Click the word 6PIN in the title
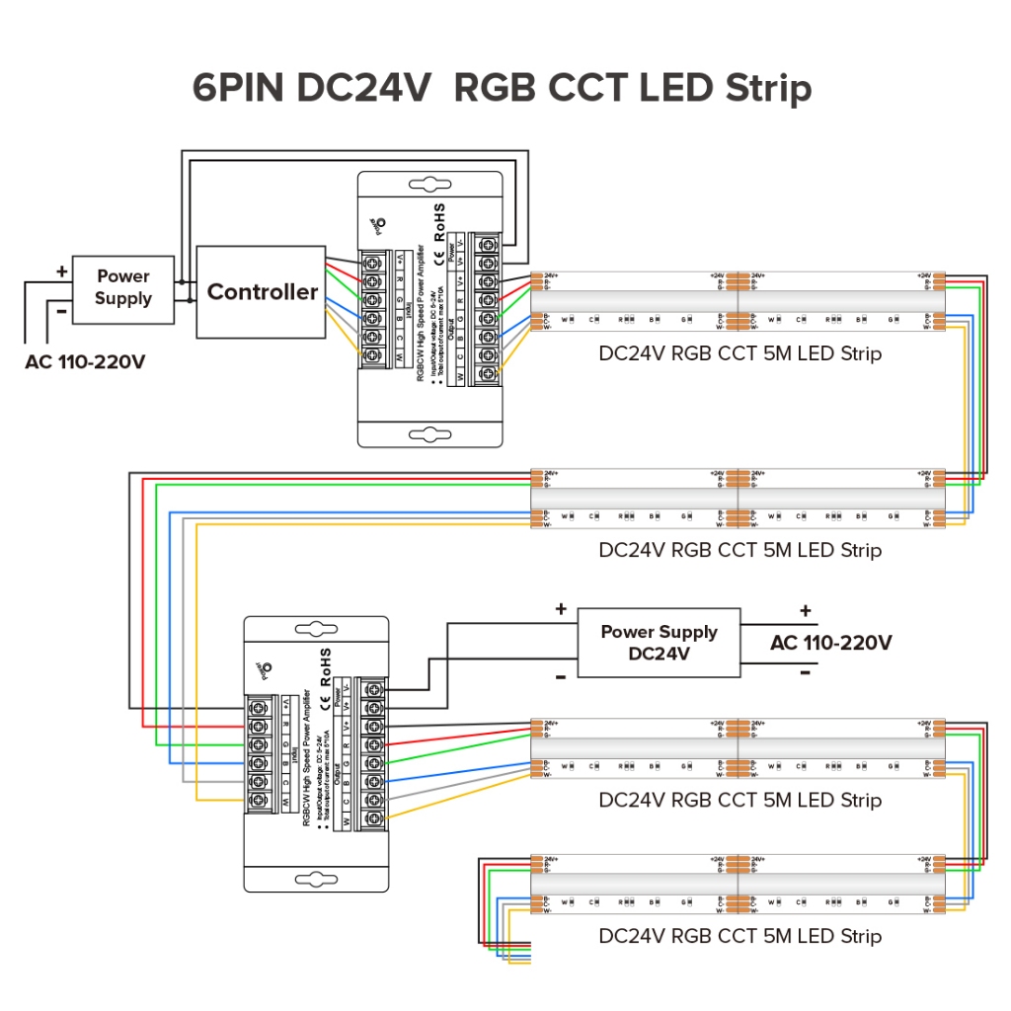pos(241,88)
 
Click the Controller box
pos(262,291)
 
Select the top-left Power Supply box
pos(123,287)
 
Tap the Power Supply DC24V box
pos(659,643)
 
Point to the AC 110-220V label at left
pos(86,361)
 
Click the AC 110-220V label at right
pos(830,643)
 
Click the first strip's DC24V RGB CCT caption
pos(739,353)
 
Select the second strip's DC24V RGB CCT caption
pos(739,550)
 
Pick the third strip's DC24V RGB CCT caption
pos(739,800)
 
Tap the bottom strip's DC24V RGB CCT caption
pos(739,935)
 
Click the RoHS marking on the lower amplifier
pos(326,668)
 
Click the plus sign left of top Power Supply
pos(61,271)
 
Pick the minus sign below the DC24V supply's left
pos(560,676)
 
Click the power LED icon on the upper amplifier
pos(378,226)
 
